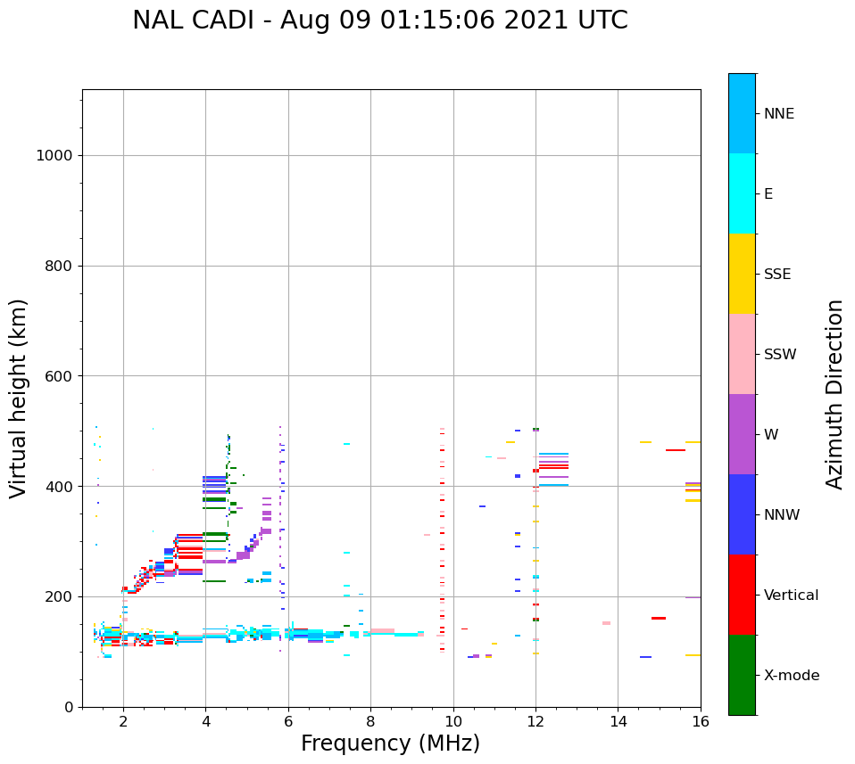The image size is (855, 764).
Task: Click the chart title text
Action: tap(379, 21)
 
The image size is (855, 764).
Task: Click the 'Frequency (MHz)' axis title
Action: tap(390, 743)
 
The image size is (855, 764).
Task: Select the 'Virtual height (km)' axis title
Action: tap(19, 398)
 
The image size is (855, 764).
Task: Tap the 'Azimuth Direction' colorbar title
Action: tap(834, 393)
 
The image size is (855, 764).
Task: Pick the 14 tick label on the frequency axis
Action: tap(618, 720)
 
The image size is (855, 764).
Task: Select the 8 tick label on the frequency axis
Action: tap(370, 720)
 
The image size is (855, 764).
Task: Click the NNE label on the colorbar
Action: tap(778, 114)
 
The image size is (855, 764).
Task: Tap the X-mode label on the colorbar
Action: tap(791, 676)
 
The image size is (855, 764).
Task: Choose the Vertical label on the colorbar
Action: tap(792, 596)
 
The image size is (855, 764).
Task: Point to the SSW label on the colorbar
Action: tap(779, 355)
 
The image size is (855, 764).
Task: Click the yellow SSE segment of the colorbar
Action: tap(742, 274)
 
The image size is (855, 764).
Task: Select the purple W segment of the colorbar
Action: tap(742, 434)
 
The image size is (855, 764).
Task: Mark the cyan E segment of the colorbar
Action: tap(742, 193)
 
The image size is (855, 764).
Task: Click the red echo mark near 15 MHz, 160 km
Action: tap(659, 618)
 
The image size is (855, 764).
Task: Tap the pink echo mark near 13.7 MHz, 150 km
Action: tap(606, 623)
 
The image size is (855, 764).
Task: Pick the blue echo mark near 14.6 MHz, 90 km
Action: tap(645, 657)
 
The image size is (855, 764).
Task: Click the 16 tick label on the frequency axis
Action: tap(701, 720)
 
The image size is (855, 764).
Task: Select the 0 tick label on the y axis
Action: tap(68, 707)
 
